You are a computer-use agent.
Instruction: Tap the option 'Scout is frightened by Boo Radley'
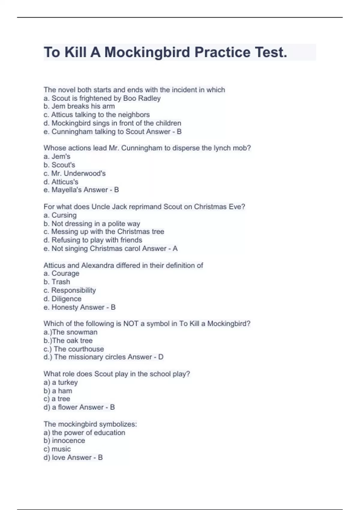pos(102,98)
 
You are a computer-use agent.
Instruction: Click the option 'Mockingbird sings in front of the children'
pos(112,123)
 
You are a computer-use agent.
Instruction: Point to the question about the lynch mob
pos(147,148)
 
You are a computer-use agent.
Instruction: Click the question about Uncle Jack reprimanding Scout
pos(144,207)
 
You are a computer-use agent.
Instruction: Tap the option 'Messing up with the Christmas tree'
pos(104,232)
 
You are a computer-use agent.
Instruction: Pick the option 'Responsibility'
pos(70,290)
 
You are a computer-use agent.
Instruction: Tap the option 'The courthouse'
pos(74,349)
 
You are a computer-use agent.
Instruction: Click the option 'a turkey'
pos(61,382)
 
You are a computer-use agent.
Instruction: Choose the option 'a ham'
pos(58,391)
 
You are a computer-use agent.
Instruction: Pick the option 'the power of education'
pos(84,432)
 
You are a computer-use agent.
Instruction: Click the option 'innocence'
pos(64,440)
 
